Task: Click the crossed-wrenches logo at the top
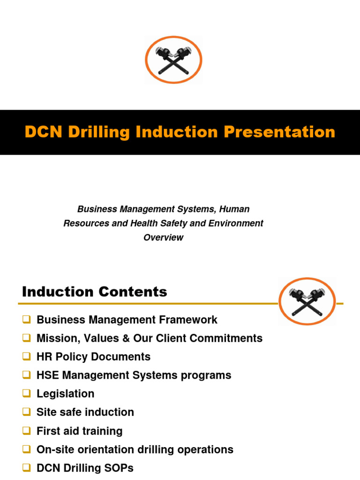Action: (173, 60)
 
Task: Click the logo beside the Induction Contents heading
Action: (307, 302)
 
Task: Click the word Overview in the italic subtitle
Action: (163, 237)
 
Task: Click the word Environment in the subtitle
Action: (235, 223)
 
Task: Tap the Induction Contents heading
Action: (94, 292)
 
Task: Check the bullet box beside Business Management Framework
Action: (26, 320)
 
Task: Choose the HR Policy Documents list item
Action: (93, 357)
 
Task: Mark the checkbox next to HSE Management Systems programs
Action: (26, 375)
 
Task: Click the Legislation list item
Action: (65, 394)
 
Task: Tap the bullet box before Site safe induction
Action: (26, 412)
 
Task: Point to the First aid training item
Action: (79, 431)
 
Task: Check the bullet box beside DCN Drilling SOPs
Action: (26, 467)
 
